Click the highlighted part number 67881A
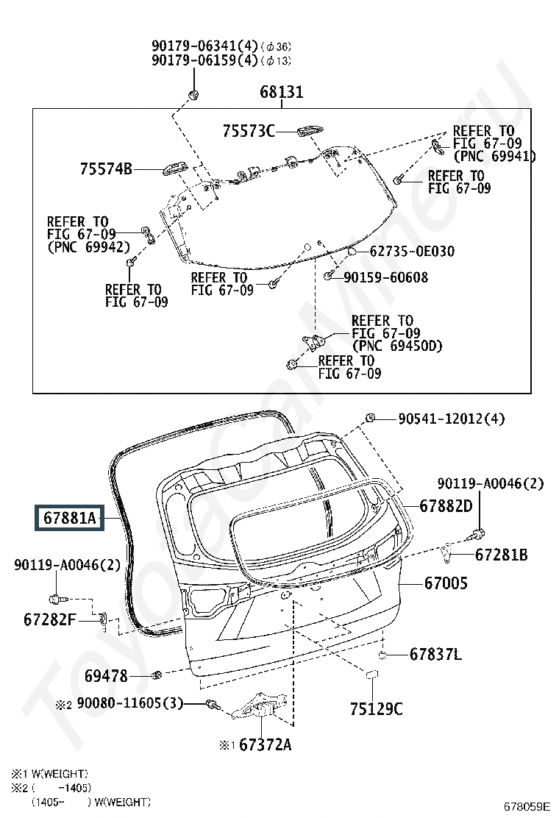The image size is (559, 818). coord(69,518)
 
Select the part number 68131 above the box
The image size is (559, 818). coord(281,92)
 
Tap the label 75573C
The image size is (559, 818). coord(249,130)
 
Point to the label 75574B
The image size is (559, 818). coord(106,168)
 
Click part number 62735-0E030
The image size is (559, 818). coord(412,252)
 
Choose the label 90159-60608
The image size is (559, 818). coord(386,277)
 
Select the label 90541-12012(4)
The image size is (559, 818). coord(452,419)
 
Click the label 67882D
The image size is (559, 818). coord(446,505)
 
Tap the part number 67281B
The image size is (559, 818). coord(501,555)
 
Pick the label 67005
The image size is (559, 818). coord(446,583)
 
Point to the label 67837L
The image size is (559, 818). coord(435,654)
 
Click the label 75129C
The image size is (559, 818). coord(376,708)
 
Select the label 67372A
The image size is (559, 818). coord(265,744)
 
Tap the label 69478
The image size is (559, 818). coord(106,676)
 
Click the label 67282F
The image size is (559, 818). coord(49,619)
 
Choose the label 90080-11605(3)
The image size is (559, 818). coord(130,703)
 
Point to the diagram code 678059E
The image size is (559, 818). coord(527,806)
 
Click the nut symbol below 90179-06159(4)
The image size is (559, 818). coord(193,94)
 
